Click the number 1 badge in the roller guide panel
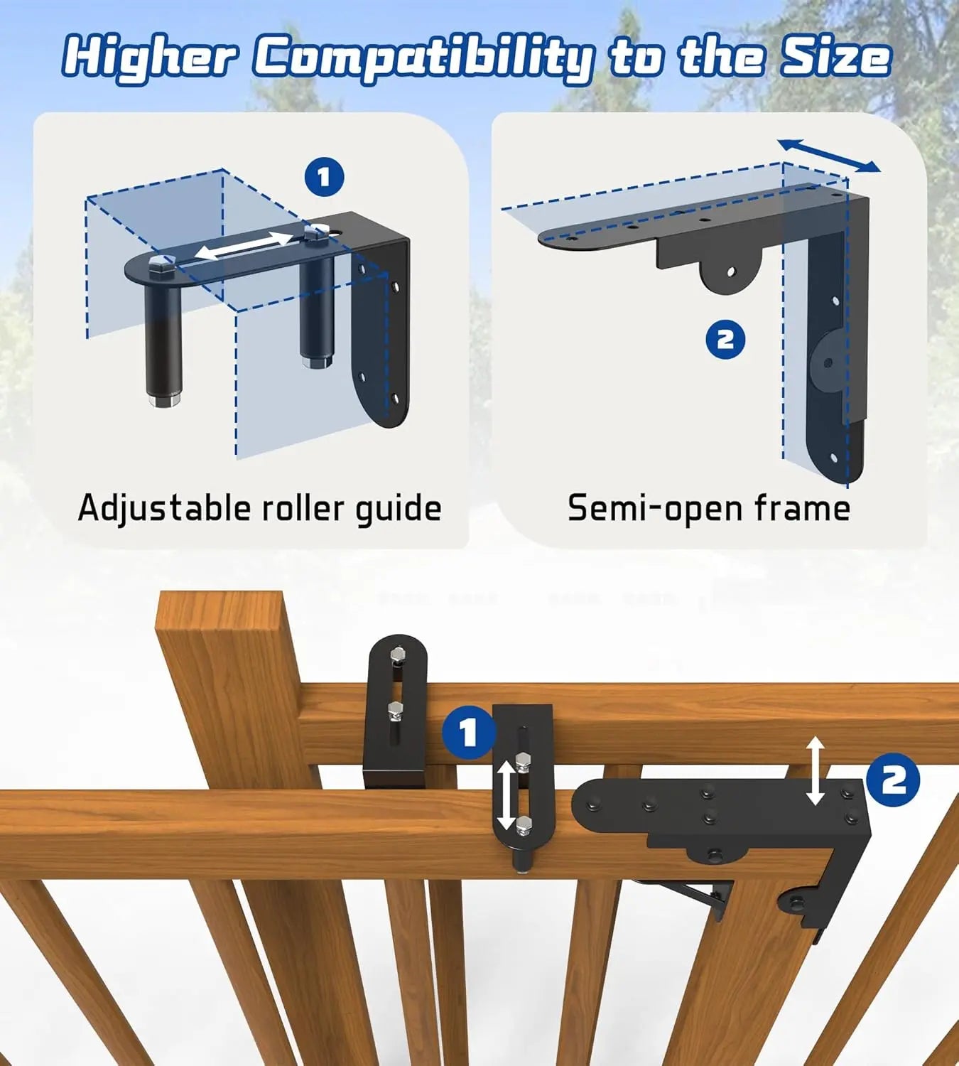pos(324,177)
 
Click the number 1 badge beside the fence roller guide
pos(468,733)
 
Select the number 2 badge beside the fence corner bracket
pos(893,780)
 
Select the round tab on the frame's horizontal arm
pos(731,273)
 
